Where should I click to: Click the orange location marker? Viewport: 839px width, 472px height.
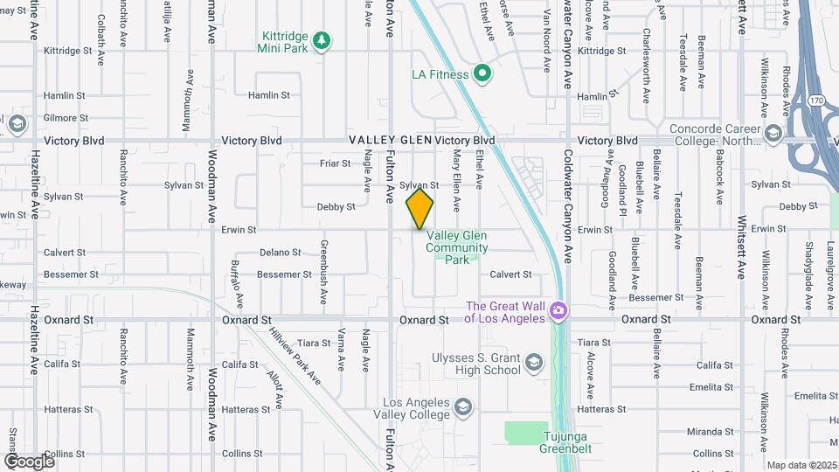419,209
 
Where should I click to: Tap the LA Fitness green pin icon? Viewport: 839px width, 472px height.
482,73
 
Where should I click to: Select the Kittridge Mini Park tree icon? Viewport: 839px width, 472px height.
322,39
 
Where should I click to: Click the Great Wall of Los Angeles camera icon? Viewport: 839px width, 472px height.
559,311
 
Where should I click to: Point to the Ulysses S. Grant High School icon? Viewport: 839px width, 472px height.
533,362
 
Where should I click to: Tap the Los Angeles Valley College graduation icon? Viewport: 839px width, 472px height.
462,407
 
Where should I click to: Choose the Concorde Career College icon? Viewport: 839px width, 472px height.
773,133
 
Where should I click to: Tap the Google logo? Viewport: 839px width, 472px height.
29,461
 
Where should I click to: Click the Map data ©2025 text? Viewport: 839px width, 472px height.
801,465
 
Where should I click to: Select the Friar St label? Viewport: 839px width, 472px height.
335,163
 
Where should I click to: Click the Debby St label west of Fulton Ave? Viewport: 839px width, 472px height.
336,207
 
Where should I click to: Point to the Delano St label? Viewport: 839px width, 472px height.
281,253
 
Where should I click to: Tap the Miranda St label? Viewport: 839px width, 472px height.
710,432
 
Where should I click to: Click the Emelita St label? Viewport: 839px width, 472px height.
710,386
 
